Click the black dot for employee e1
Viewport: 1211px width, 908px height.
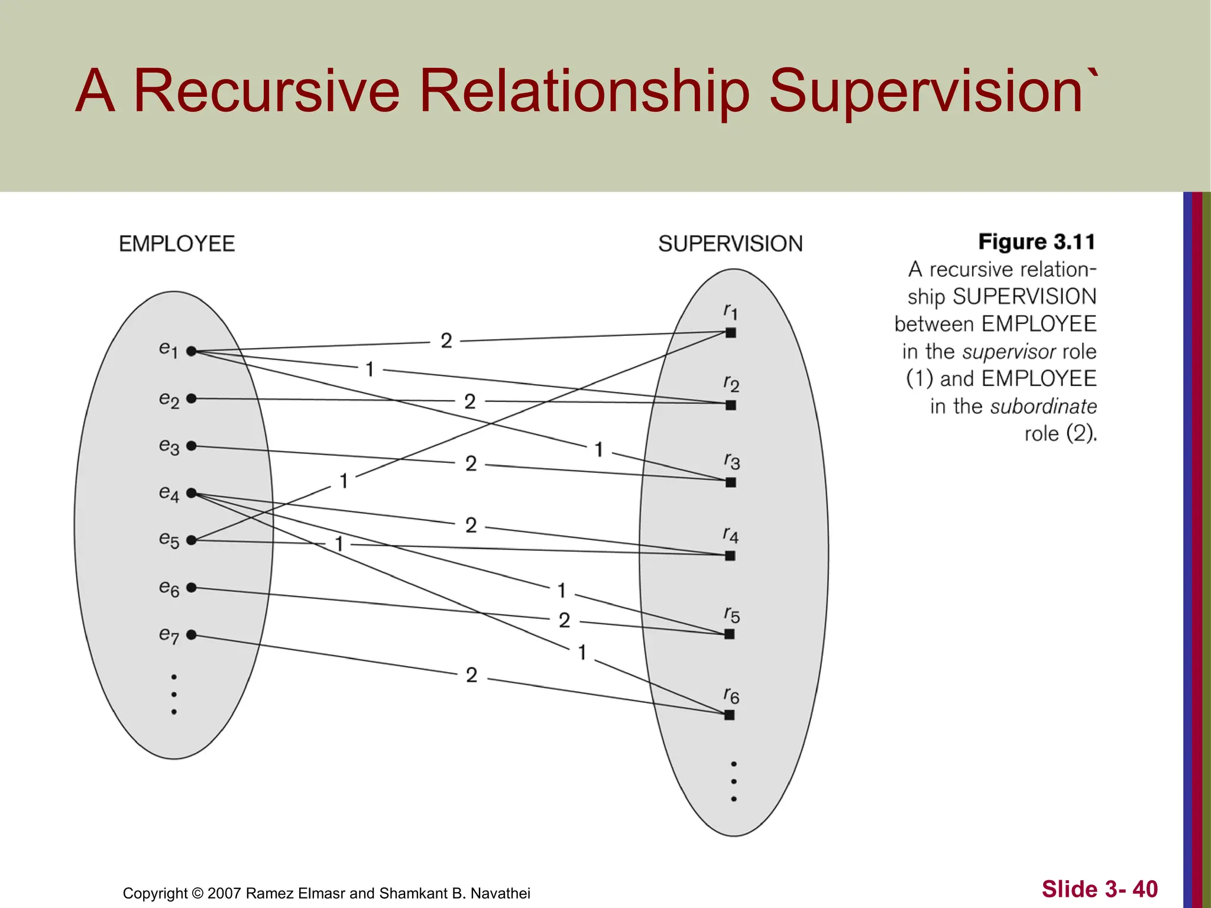coord(191,351)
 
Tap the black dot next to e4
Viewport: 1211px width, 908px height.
coord(191,493)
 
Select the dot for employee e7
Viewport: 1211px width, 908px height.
coord(191,635)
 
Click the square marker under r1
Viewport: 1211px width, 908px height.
coord(731,333)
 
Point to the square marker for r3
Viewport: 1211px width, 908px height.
coord(731,482)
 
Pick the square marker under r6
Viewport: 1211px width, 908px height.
coord(730,715)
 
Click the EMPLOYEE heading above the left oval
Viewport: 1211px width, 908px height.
coord(177,244)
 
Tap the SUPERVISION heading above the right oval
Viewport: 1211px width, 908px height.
coord(730,244)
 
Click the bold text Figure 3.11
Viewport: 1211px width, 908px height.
coord(1037,242)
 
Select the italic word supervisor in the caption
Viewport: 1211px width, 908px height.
coord(1009,352)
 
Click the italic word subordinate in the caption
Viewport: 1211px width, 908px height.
coord(1044,406)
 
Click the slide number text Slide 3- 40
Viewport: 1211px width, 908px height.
coord(1099,889)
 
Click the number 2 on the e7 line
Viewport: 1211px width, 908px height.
coord(471,675)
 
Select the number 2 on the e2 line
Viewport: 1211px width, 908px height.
coord(470,401)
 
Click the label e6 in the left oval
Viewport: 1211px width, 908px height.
coord(169,588)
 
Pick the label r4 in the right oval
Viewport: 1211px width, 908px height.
coord(731,535)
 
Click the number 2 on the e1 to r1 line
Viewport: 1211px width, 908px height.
coord(446,340)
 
